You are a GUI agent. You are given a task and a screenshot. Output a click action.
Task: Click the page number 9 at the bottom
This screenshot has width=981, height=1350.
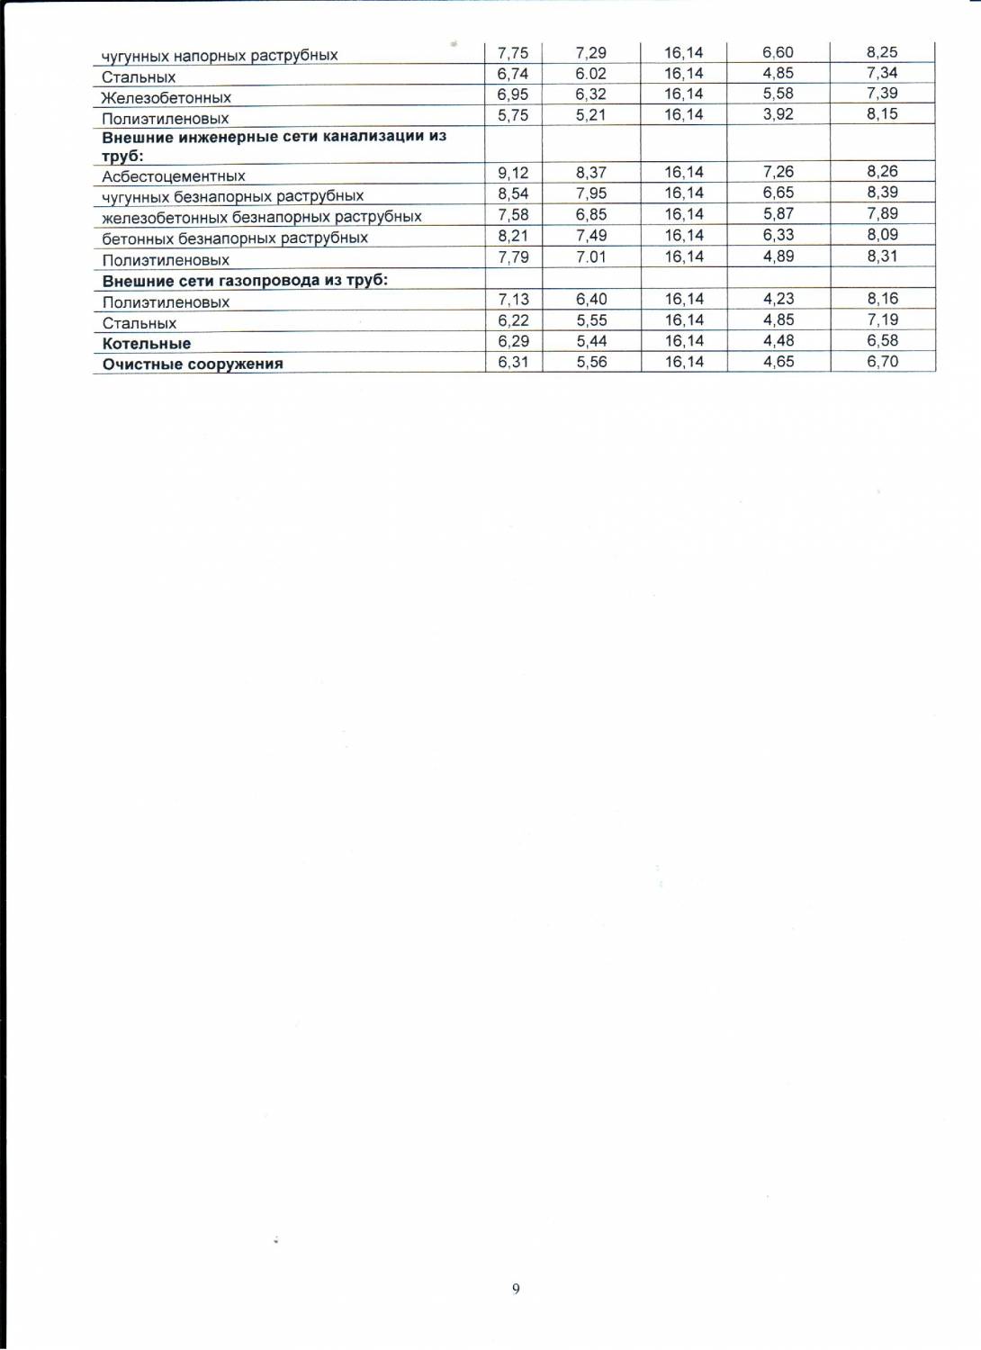[516, 1289]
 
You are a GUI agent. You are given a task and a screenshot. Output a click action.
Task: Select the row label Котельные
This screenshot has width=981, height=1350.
[147, 344]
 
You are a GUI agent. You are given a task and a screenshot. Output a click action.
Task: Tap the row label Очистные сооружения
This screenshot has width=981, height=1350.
[193, 364]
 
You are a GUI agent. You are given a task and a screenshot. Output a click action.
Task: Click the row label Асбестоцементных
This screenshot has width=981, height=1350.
[174, 176]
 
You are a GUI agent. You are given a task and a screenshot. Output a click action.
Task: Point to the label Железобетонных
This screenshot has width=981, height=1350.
[166, 98]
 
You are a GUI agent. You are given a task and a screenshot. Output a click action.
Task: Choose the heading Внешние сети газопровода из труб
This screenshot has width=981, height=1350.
[245, 281]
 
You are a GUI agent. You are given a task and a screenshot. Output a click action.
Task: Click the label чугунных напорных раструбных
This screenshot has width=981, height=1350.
[220, 56]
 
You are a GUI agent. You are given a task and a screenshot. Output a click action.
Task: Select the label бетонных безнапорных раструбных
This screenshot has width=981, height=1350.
[235, 238]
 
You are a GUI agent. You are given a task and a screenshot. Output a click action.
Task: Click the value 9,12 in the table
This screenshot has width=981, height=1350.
[513, 173]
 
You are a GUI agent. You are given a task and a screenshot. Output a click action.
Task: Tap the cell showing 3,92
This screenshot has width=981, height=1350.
[778, 114]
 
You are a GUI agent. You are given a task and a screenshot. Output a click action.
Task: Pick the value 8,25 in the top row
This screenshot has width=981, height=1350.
[882, 52]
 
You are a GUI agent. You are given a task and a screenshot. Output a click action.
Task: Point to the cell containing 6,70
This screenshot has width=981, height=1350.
[883, 362]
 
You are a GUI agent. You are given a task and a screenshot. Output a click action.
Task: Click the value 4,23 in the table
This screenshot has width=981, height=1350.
[778, 299]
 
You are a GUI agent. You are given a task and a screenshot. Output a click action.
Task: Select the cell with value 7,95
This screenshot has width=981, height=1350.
[591, 193]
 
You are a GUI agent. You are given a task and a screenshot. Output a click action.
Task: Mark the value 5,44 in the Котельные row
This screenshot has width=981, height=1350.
[591, 341]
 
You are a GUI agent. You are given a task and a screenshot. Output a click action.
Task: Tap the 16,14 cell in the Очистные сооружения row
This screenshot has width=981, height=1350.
[684, 362]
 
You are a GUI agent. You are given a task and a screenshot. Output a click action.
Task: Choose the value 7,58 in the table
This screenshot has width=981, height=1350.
[513, 215]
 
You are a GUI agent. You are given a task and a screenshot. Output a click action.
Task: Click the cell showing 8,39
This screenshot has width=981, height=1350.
[883, 193]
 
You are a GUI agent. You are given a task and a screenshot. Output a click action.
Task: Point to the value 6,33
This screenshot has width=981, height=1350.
[778, 235]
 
